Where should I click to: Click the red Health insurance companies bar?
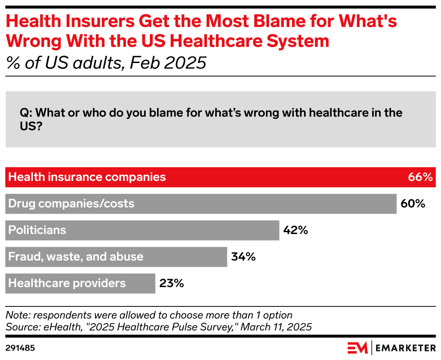click(220, 177)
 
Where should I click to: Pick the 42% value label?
click(296, 230)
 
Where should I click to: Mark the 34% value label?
click(243, 257)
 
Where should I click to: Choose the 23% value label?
click(171, 283)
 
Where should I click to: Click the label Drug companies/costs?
click(71, 204)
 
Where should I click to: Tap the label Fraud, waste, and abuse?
click(76, 257)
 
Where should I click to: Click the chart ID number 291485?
click(20, 348)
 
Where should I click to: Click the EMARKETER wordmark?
click(406, 348)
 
